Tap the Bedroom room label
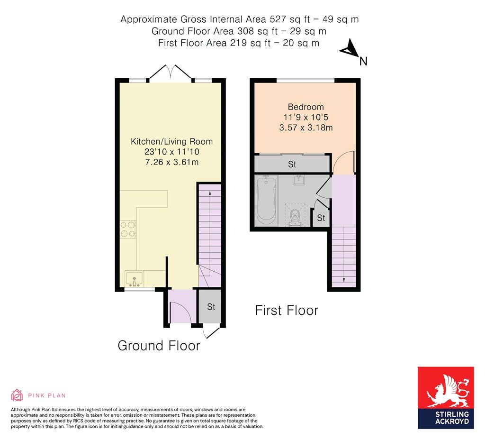tap(305, 107)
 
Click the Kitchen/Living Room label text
tap(171, 141)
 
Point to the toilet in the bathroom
tap(295, 217)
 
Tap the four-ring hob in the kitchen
tap(128, 230)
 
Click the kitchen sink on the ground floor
tap(135, 279)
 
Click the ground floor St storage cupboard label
tap(211, 307)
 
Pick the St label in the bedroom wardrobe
tap(292, 165)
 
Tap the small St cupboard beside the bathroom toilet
tap(321, 218)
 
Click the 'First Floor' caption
tap(287, 311)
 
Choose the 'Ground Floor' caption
tap(159, 346)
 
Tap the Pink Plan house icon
tap(17, 395)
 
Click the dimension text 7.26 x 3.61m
tap(171, 163)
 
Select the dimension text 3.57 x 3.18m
tap(305, 128)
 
